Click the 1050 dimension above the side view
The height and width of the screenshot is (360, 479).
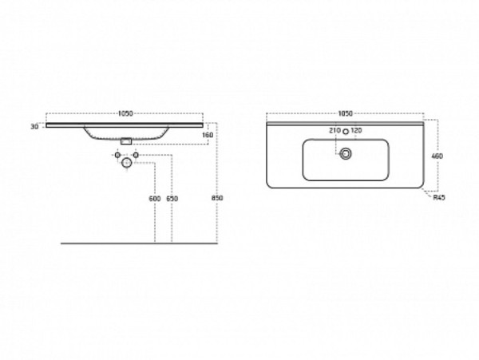(125, 113)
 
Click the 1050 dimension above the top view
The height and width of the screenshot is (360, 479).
(345, 113)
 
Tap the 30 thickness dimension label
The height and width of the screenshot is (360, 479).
(34, 126)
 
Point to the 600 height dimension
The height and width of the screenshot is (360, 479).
(155, 199)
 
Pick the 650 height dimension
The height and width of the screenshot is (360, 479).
(172, 199)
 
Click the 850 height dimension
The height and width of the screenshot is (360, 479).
(217, 198)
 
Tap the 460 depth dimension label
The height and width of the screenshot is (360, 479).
(437, 156)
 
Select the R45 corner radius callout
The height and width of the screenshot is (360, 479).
(439, 197)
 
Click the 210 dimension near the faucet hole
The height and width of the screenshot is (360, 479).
(335, 130)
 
